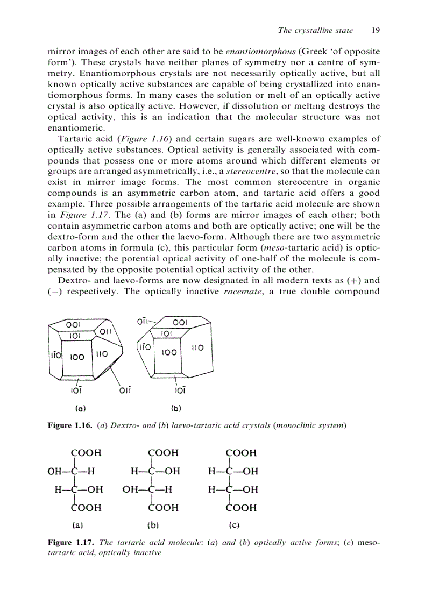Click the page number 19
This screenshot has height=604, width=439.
(x=376, y=30)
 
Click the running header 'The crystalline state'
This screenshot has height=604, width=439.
(x=315, y=30)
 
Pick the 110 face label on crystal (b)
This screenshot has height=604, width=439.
(x=197, y=348)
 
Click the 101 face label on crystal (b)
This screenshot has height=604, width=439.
(x=167, y=333)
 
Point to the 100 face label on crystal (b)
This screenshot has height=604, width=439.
(x=169, y=352)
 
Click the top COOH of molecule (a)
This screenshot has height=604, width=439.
(x=86, y=453)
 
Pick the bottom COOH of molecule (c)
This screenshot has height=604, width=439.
(x=241, y=507)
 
